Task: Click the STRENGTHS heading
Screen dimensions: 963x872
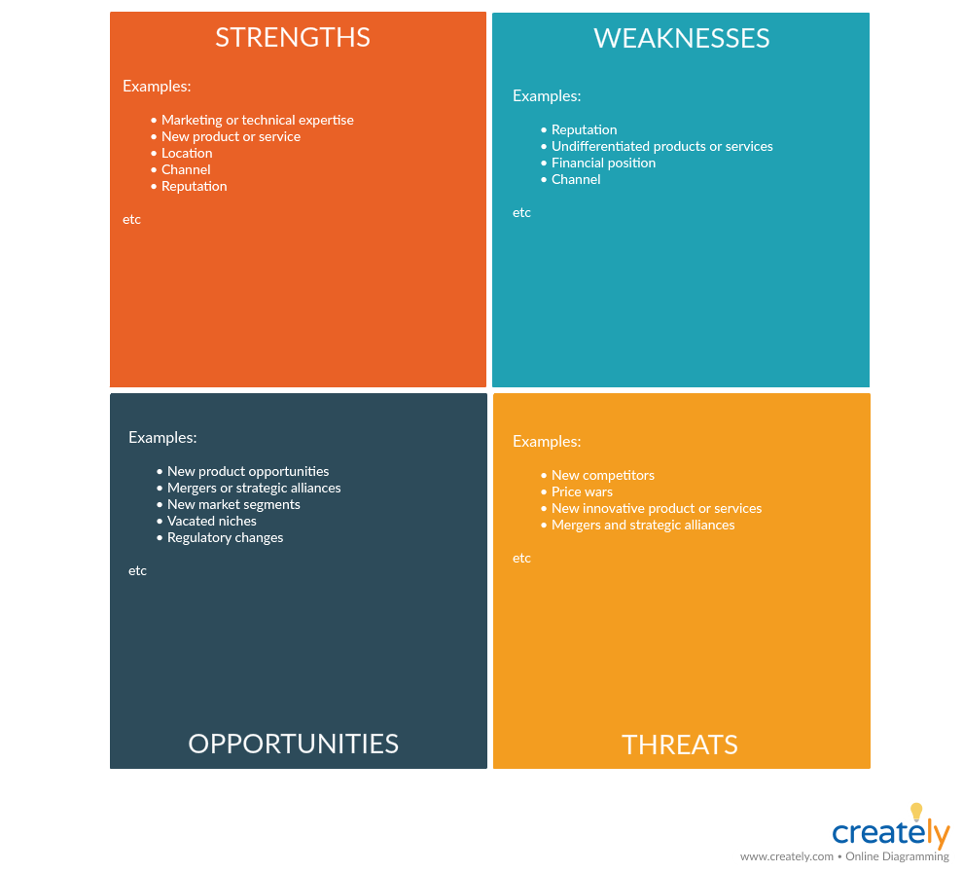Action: click(293, 38)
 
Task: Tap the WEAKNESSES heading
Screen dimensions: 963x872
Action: click(681, 38)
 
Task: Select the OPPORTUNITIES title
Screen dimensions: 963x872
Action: click(293, 744)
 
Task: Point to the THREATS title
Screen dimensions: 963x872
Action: click(679, 745)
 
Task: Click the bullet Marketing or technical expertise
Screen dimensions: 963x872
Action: click(258, 120)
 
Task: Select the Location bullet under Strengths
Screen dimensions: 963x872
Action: click(187, 153)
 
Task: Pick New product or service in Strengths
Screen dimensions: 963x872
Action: click(231, 136)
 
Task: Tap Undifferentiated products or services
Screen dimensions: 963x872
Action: click(662, 146)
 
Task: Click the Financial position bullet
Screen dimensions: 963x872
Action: click(604, 163)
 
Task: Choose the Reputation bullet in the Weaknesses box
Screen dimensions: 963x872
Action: click(584, 129)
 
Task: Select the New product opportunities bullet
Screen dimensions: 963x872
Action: click(248, 471)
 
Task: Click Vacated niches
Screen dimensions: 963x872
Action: click(212, 521)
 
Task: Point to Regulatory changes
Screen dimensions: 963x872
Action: click(226, 538)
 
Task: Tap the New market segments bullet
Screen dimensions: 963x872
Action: click(234, 504)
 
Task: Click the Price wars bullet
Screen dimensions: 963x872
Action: click(583, 491)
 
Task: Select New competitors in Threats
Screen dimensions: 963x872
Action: click(603, 475)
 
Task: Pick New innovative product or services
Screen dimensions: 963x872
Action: click(657, 508)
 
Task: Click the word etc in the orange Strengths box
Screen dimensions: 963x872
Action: click(131, 219)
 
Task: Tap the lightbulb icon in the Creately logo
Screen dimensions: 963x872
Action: click(916, 812)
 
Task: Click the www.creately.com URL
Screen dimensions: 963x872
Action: click(787, 856)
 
